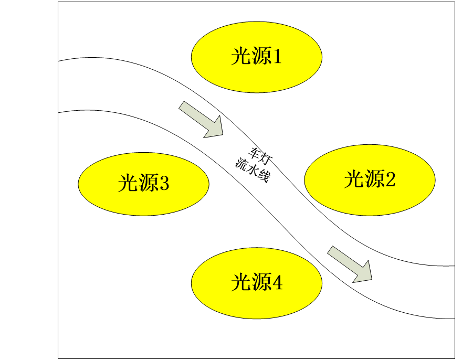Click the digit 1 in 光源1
(x=276, y=57)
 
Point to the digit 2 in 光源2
(x=390, y=180)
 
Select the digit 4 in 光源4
(x=277, y=283)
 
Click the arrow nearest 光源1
(x=201, y=119)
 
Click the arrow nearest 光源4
(x=350, y=263)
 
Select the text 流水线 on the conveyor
(x=252, y=171)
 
